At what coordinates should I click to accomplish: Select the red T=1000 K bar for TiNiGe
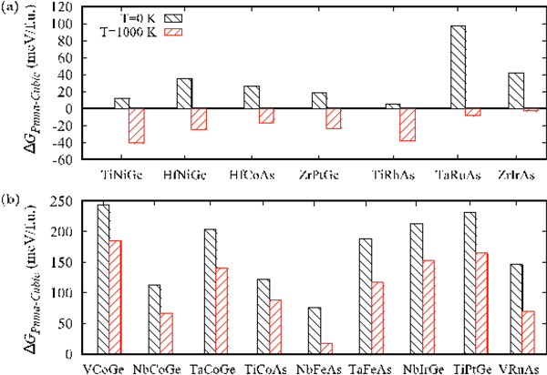tap(137, 126)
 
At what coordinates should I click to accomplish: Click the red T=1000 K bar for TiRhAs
tap(407, 124)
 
